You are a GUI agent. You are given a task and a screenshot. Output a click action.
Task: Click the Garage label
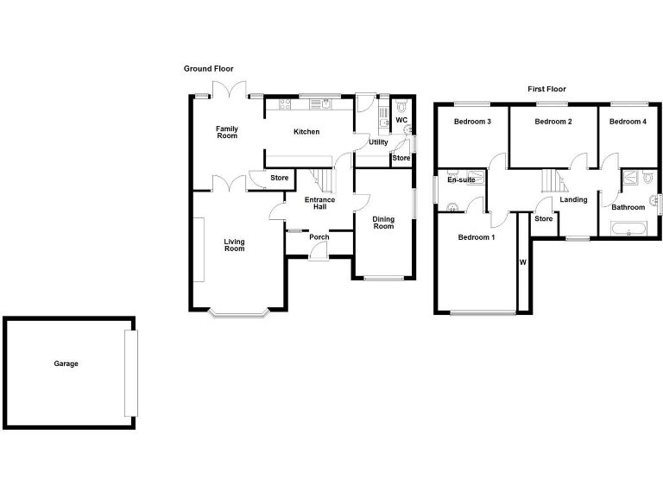coord(66,364)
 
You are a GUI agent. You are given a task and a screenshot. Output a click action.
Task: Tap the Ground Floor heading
coord(208,69)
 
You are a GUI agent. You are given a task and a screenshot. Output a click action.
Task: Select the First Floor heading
coord(546,89)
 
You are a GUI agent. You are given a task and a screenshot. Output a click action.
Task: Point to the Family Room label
coord(227,132)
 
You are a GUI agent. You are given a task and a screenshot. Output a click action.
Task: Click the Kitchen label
coord(306,132)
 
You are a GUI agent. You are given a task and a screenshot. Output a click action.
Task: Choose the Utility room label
coord(378,142)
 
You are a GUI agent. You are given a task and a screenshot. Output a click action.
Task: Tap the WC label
coord(401,121)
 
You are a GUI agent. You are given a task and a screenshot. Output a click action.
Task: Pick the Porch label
coord(319,237)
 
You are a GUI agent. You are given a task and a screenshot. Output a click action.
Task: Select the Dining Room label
coord(383,223)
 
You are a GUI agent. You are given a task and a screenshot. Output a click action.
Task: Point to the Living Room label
coord(234,245)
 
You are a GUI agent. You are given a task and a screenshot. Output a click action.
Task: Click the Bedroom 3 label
coord(473,122)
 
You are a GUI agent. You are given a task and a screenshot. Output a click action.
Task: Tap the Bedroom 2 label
coord(553,122)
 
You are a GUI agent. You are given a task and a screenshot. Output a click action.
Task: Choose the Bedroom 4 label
coord(628,122)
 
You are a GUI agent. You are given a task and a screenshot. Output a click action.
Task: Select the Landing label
coord(573,200)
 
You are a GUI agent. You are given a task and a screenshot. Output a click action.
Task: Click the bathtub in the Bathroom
coord(628,229)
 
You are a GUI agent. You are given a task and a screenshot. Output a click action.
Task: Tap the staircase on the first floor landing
coord(551,181)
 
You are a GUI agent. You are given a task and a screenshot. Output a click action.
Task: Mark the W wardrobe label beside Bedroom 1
coord(521,262)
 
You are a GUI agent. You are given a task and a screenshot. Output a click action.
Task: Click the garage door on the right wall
coord(130,371)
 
